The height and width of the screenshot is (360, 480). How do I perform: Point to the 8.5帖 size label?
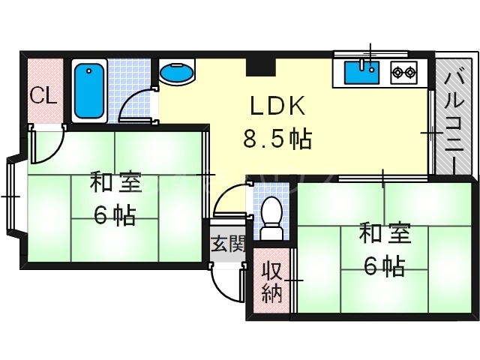[x=276, y=139]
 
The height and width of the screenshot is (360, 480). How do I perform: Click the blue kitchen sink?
[x=363, y=74]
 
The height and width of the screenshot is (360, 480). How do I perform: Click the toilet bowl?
[x=272, y=211]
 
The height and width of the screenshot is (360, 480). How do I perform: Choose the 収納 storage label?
[x=270, y=281]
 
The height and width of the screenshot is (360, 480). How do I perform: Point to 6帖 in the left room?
[x=114, y=216]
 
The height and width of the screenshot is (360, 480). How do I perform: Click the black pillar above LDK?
[x=259, y=66]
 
